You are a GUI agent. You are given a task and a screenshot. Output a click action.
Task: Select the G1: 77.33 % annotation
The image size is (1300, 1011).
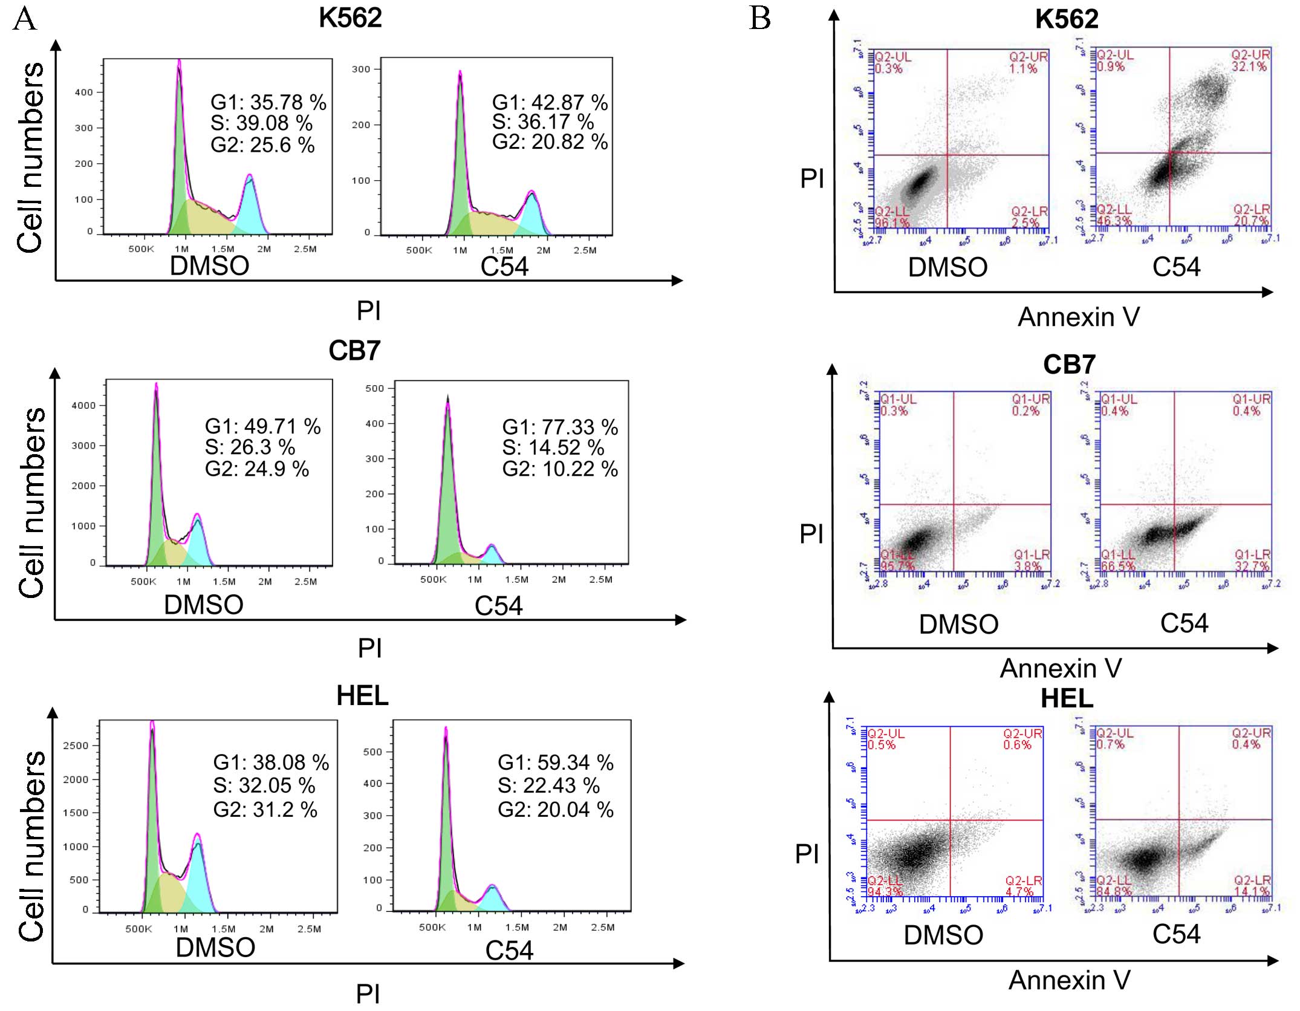click(560, 427)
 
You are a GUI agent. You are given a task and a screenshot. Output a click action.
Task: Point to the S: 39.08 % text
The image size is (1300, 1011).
click(262, 123)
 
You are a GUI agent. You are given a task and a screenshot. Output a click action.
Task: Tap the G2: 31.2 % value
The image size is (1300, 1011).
click(265, 810)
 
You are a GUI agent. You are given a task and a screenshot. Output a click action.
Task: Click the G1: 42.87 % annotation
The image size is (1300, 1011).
click(550, 102)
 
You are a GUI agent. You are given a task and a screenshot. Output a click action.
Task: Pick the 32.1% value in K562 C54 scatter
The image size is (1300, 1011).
click(1249, 67)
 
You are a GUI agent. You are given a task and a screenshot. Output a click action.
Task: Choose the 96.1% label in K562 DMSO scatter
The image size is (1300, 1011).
click(892, 223)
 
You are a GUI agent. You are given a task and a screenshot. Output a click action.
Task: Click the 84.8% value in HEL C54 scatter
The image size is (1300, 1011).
click(1114, 892)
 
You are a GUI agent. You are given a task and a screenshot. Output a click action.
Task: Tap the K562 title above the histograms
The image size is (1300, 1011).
click(350, 18)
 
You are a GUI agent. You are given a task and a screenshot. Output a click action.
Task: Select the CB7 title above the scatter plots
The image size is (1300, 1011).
click(1069, 365)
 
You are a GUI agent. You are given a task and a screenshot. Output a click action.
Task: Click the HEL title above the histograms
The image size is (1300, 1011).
click(362, 696)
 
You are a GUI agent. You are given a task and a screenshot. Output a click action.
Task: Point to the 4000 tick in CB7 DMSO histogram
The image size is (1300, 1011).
click(83, 406)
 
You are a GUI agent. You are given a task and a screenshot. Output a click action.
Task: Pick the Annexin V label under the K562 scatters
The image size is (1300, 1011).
click(1079, 317)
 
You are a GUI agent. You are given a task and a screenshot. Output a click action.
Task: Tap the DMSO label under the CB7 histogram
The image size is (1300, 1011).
click(204, 605)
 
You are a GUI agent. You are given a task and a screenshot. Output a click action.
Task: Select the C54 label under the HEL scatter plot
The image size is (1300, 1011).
click(1176, 935)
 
